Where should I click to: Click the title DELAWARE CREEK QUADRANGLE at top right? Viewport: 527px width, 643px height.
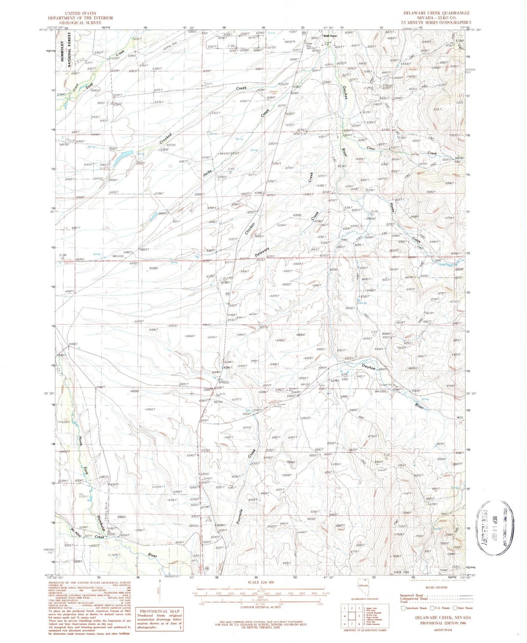[436, 13]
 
